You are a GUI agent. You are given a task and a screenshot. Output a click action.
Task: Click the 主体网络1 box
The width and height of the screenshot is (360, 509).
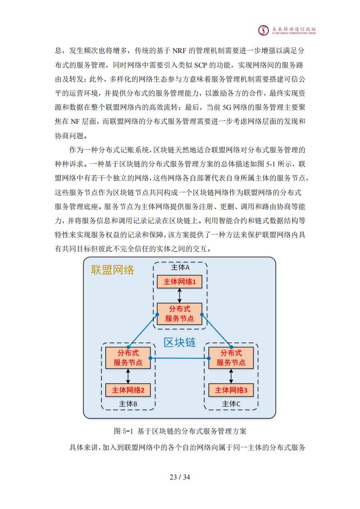(179, 281)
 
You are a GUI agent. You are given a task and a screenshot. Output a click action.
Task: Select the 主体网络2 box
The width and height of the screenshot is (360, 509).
(128, 390)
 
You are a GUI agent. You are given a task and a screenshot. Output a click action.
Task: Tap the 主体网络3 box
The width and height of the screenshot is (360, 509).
(231, 390)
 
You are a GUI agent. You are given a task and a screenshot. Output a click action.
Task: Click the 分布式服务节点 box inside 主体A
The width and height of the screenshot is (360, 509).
(179, 313)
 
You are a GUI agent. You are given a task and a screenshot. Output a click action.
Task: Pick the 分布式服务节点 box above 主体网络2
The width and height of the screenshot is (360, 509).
(128, 358)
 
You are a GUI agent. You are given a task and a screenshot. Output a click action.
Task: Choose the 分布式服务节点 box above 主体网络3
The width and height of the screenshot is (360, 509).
(231, 358)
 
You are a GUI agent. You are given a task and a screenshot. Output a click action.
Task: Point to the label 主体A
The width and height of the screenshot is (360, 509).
(180, 267)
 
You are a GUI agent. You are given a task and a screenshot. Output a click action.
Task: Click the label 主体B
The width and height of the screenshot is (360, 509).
(128, 404)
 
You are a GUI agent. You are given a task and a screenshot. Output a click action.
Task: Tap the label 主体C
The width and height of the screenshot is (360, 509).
(231, 404)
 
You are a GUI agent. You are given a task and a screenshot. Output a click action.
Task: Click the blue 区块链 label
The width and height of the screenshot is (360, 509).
(179, 342)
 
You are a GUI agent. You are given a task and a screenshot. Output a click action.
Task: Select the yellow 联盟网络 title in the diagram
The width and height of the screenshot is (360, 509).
(113, 270)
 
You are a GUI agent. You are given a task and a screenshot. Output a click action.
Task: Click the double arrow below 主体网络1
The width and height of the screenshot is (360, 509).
(179, 295)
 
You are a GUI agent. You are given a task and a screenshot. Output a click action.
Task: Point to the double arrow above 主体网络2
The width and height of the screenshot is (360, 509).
(128, 376)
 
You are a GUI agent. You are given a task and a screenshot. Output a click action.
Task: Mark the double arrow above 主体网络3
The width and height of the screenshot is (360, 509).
(231, 376)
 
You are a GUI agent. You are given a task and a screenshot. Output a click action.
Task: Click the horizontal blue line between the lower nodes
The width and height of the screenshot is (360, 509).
(179, 358)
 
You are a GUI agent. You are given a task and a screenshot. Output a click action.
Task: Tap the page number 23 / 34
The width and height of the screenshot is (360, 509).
(180, 477)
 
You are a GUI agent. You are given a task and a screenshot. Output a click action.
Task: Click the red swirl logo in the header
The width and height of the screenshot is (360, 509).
(263, 30)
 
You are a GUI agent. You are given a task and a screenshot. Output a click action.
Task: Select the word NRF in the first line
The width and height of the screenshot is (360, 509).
(179, 51)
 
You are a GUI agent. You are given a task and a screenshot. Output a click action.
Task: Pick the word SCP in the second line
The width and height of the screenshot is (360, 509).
(201, 65)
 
